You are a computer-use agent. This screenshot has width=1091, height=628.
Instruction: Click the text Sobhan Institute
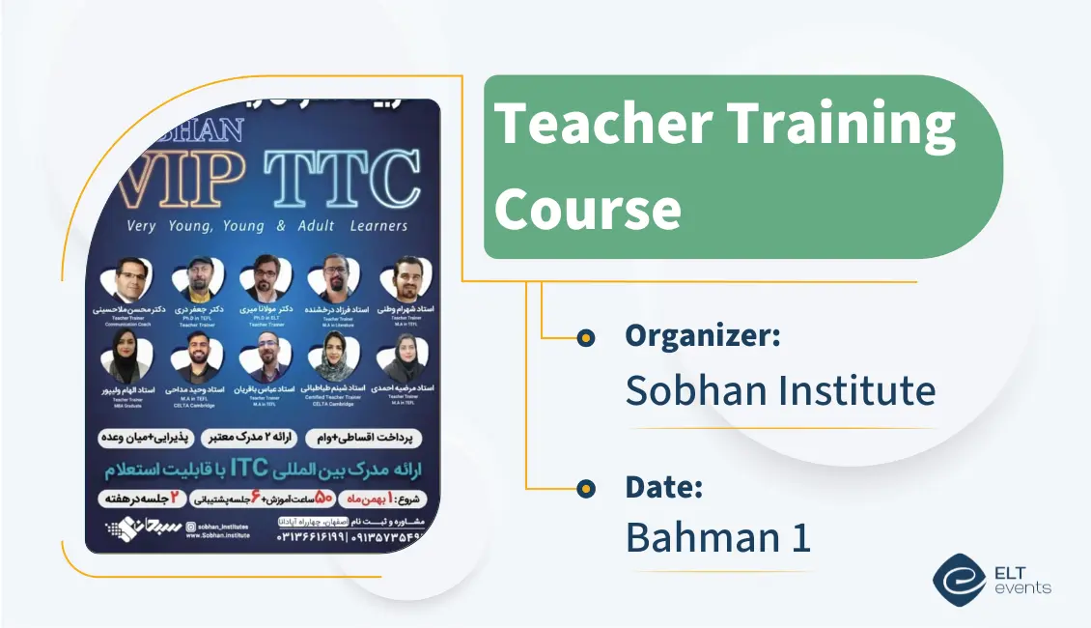pos(780,390)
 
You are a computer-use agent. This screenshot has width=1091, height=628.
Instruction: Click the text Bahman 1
pos(717,538)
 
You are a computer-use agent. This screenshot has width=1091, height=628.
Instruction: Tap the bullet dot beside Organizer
pos(585,338)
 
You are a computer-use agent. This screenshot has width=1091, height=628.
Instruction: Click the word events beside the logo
pos(1025,587)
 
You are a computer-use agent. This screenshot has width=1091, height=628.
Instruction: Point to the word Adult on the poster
pos(323,226)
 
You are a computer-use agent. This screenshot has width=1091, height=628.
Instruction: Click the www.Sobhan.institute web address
pos(217,534)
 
